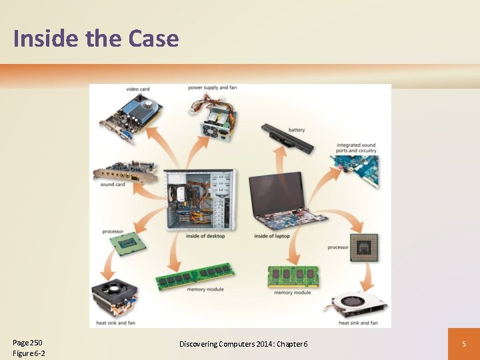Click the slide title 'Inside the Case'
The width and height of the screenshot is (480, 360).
click(x=96, y=38)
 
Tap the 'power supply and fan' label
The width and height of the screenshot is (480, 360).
click(x=212, y=88)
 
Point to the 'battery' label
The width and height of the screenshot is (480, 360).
click(x=297, y=129)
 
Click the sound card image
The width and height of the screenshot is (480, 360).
click(x=126, y=171)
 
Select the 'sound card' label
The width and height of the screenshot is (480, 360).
click(x=113, y=185)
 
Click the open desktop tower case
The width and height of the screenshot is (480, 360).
click(x=199, y=200)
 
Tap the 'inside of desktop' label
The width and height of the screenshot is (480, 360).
click(x=205, y=236)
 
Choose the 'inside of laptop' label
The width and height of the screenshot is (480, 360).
click(x=271, y=236)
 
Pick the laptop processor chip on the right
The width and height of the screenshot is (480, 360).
click(x=364, y=247)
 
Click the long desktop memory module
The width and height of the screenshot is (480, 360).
click(x=195, y=275)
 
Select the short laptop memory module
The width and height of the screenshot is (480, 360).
click(x=293, y=276)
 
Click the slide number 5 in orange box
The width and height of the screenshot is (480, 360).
click(x=463, y=344)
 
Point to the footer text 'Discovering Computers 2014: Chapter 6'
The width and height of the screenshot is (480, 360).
click(x=243, y=343)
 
